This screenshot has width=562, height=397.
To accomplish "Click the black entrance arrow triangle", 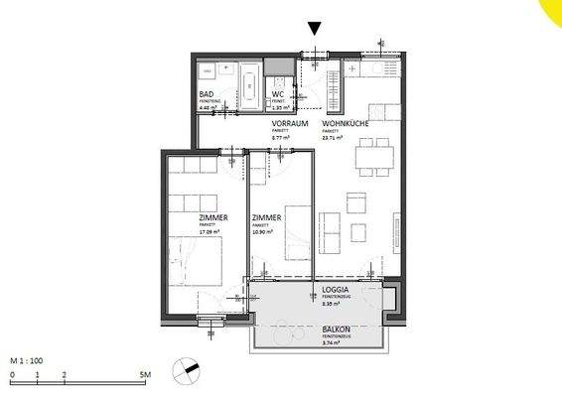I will click(315, 28).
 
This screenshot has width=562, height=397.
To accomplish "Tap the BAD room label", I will click(208, 94).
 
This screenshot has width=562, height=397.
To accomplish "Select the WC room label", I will click(278, 94).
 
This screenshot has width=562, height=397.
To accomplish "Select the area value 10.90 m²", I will click(263, 232).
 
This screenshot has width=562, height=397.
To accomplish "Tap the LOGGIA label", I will click(335, 291).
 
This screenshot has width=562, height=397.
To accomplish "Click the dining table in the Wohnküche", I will click(373, 155).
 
